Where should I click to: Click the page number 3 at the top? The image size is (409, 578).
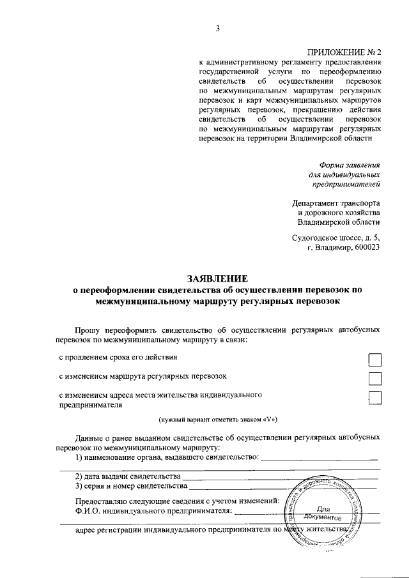pos(217,27)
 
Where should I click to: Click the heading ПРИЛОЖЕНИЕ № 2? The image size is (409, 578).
pos(344,52)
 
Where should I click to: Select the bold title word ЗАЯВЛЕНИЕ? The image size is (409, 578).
pos(217,278)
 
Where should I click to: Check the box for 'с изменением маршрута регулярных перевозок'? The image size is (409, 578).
pos(375,379)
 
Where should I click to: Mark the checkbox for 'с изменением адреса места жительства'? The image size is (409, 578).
pos(375,399)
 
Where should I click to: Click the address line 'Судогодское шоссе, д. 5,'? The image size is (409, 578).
pos(336,238)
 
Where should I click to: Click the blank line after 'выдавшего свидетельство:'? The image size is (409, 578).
pos(319,459)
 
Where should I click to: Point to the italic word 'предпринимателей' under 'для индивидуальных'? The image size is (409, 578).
pos(346,185)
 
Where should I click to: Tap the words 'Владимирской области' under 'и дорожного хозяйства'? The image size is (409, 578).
pos(339,222)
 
